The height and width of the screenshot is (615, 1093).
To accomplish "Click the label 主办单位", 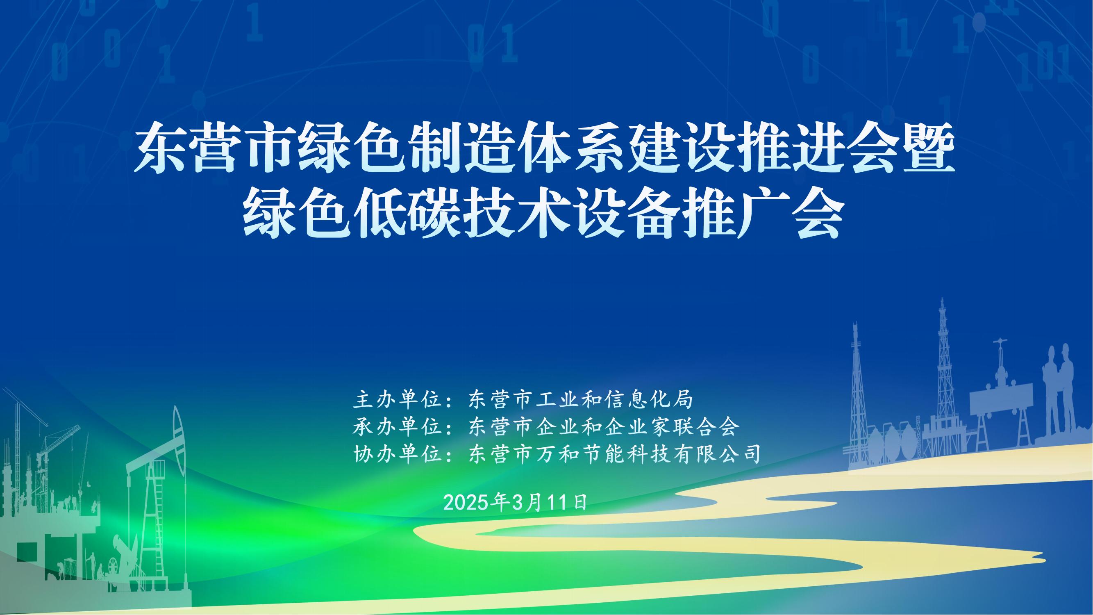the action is click(396, 399).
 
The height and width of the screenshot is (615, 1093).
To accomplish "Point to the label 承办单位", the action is click(396, 426).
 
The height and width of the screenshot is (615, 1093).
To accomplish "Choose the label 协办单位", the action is click(396, 454).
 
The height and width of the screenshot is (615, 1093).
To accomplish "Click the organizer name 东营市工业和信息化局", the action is click(580, 399).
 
